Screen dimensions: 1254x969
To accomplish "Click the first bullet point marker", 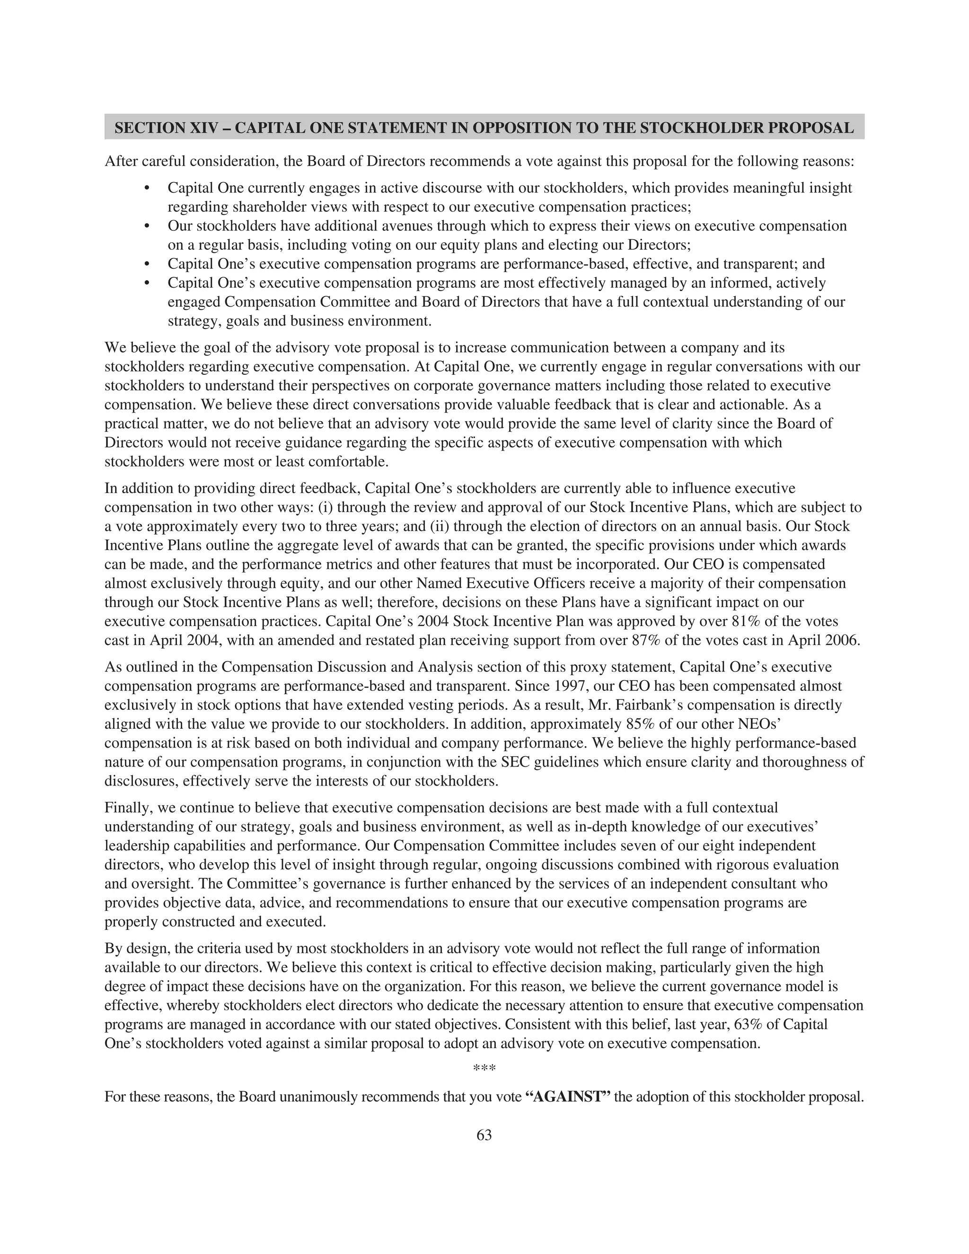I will [x=147, y=188].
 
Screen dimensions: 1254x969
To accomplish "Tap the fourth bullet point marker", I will [x=147, y=283].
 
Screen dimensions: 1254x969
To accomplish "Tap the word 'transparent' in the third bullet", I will [x=758, y=264].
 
